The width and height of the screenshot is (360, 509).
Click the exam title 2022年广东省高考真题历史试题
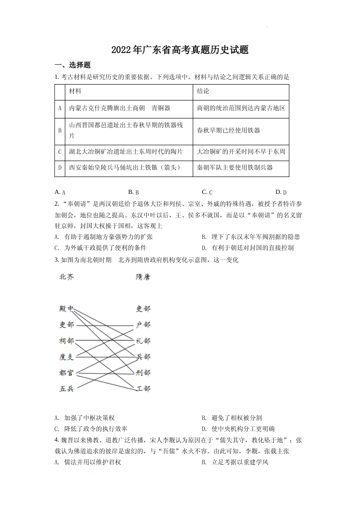(x=180, y=50)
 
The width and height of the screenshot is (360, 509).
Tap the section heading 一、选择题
(x=73, y=65)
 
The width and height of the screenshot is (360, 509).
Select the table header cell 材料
(x=75, y=91)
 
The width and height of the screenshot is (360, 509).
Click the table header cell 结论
(x=203, y=91)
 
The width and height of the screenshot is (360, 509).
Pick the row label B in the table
(x=59, y=130)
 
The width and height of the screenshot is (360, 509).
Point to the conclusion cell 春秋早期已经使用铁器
(x=229, y=130)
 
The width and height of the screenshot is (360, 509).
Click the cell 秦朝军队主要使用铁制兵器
(x=235, y=167)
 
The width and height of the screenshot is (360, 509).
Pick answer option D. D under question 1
(x=281, y=192)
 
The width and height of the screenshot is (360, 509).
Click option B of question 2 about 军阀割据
(x=251, y=237)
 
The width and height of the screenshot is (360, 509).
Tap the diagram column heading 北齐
(x=67, y=277)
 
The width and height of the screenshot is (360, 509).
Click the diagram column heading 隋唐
(x=143, y=277)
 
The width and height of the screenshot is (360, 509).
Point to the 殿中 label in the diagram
(x=67, y=309)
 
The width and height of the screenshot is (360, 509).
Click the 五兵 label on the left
(x=67, y=389)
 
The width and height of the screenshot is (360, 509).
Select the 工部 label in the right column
(x=143, y=389)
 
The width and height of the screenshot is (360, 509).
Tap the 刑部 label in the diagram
(x=143, y=373)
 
